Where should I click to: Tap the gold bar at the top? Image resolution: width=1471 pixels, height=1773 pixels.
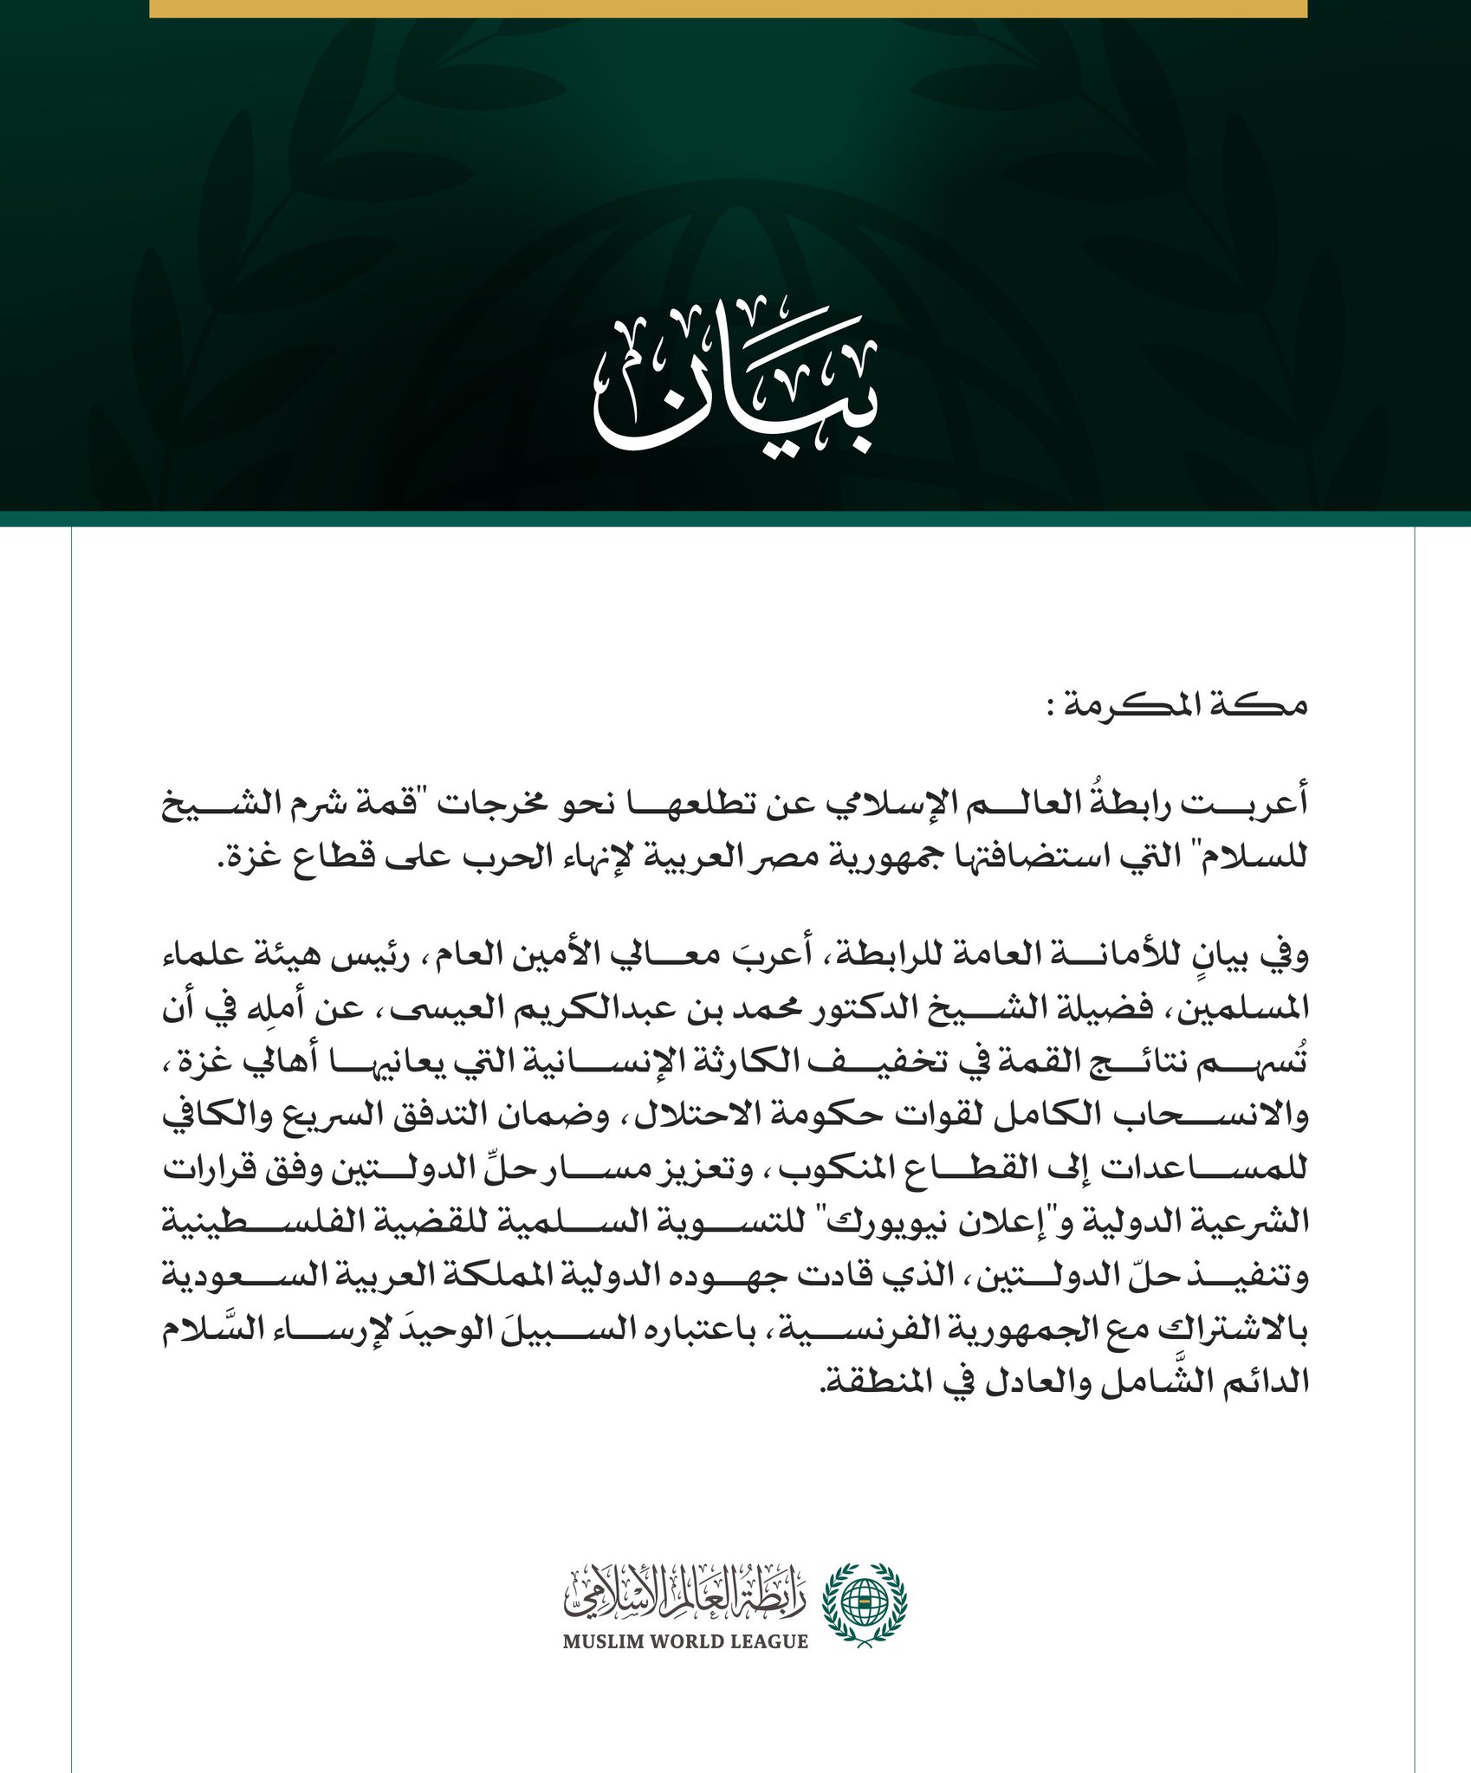point(728,9)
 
